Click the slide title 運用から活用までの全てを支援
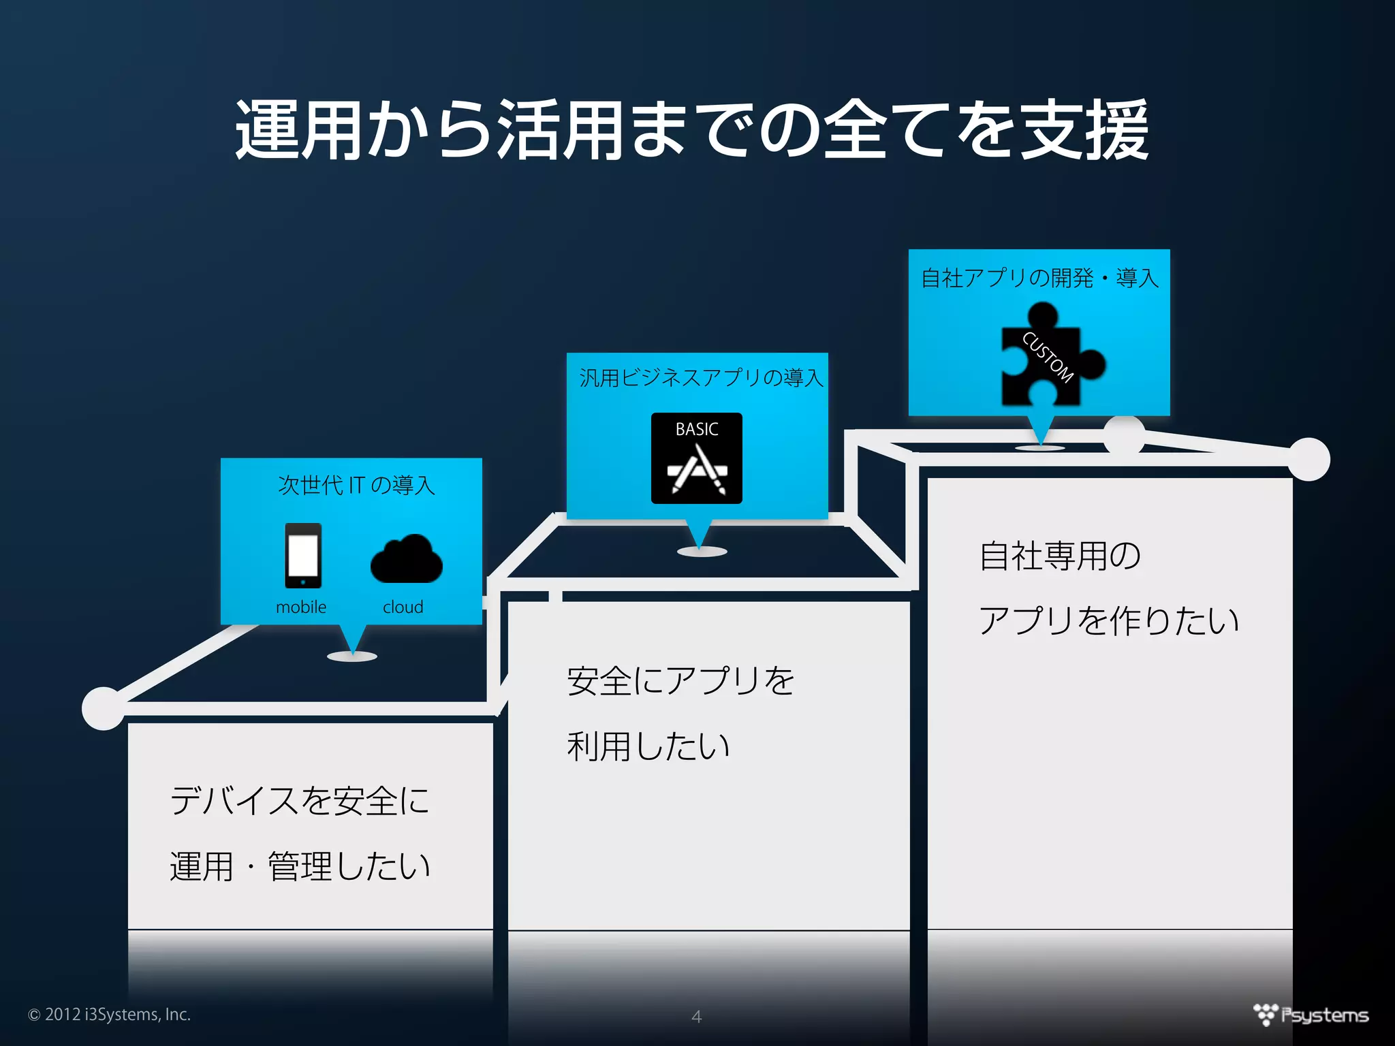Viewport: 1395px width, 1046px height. pyautogui.click(x=692, y=129)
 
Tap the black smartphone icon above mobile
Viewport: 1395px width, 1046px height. pyautogui.click(x=303, y=555)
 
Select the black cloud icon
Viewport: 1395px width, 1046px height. pyautogui.click(x=407, y=559)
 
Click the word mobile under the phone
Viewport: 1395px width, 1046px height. pyautogui.click(x=301, y=607)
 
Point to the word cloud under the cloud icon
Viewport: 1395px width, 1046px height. pyautogui.click(x=403, y=607)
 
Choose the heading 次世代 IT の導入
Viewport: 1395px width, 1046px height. pyautogui.click(x=356, y=485)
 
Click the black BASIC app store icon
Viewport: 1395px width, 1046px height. pyautogui.click(x=696, y=458)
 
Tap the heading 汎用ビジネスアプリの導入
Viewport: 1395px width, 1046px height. pyautogui.click(x=701, y=377)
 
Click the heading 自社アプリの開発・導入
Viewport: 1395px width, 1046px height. pyautogui.click(x=1039, y=278)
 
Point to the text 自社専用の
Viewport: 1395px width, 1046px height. pyautogui.click(x=1060, y=556)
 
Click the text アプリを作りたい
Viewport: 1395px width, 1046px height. pyautogui.click(x=1109, y=620)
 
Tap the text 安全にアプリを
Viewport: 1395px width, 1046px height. pyautogui.click(x=680, y=680)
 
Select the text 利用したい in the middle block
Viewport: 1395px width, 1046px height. pyautogui.click(x=648, y=746)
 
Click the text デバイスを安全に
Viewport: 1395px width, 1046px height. pyautogui.click(x=300, y=800)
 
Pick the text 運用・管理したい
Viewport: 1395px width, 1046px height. pyautogui.click(x=300, y=866)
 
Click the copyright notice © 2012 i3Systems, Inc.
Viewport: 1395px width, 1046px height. pyautogui.click(x=109, y=1014)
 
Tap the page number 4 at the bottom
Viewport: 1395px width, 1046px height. pyautogui.click(x=696, y=1016)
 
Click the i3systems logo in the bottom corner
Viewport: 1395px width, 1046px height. pyautogui.click(x=1311, y=1015)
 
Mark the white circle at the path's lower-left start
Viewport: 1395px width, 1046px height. pyautogui.click(x=103, y=708)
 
